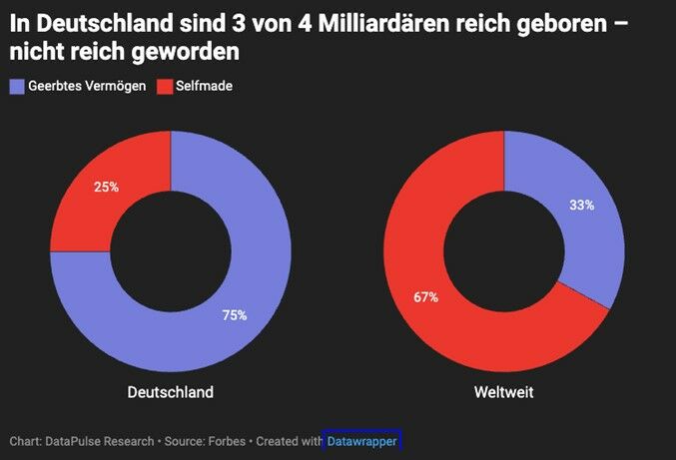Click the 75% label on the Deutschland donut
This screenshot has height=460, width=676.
click(235, 315)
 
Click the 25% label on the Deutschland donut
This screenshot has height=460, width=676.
click(107, 187)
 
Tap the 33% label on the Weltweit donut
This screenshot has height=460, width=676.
click(581, 205)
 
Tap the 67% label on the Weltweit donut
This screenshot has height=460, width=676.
click(425, 297)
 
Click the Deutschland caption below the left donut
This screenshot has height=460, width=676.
click(171, 392)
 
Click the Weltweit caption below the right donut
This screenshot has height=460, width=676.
click(503, 392)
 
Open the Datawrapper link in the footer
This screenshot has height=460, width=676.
click(361, 440)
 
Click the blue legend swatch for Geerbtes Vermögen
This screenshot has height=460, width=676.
click(16, 86)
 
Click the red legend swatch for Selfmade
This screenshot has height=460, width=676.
click(165, 86)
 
